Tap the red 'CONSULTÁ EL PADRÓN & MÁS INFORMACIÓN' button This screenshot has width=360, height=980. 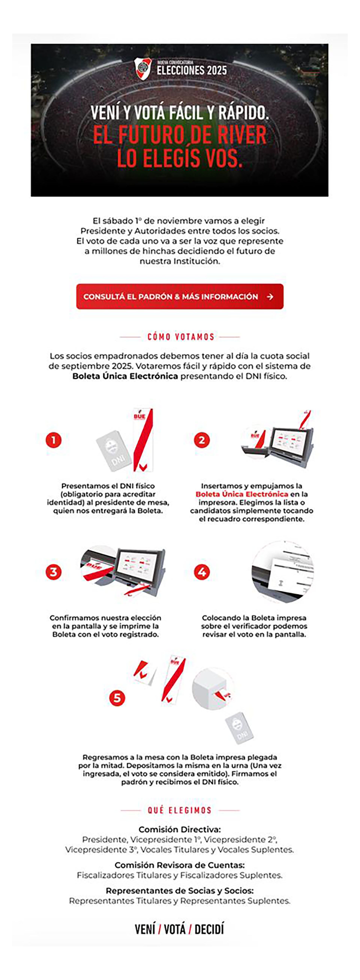click(x=180, y=296)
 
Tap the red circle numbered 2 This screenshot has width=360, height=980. click(x=202, y=440)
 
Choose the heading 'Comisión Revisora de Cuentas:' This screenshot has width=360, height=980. click(x=180, y=865)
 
